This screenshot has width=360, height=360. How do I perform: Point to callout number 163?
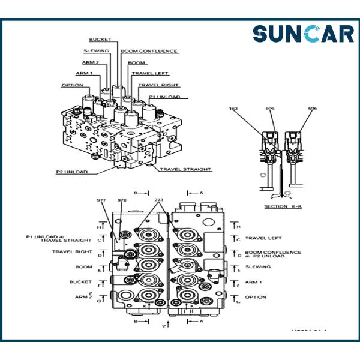[x=234, y=109]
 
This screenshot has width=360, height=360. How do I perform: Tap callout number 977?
[x=101, y=200]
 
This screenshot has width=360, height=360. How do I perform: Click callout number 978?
[x=122, y=200]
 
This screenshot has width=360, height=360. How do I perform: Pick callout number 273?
[x=159, y=200]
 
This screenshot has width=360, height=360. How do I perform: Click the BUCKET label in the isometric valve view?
[x=100, y=40]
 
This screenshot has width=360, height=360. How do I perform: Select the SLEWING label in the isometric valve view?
[x=97, y=51]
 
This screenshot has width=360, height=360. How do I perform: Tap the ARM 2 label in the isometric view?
[x=90, y=62]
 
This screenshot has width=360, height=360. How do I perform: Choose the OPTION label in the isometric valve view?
[x=72, y=85]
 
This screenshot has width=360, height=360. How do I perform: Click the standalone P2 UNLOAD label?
[x=71, y=172]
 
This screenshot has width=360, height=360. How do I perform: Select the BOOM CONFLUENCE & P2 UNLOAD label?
[x=273, y=254]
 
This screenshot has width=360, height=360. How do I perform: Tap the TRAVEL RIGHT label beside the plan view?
[x=72, y=252]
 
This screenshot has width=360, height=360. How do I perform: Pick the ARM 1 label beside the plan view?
[x=254, y=282]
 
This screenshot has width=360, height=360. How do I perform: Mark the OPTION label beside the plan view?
[x=256, y=297]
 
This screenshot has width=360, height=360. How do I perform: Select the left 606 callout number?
[x=271, y=109]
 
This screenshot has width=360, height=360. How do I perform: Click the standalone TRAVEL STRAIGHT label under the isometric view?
[x=185, y=169]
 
